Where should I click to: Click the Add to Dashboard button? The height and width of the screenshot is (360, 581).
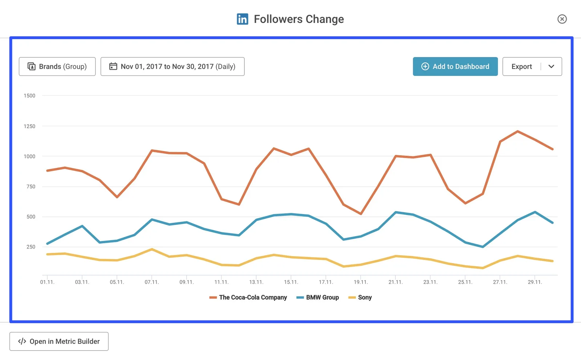click(x=455, y=66)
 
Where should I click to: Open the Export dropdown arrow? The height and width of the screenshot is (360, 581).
click(x=551, y=66)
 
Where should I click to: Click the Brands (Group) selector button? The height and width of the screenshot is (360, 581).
click(x=57, y=66)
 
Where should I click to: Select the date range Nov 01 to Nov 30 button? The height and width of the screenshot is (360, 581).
click(x=172, y=66)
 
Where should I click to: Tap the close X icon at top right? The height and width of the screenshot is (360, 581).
click(x=562, y=19)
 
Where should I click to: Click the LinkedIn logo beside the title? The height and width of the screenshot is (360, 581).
click(x=242, y=19)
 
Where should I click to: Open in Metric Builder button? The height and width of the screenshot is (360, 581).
click(x=59, y=341)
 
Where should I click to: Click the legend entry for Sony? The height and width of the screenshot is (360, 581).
click(x=364, y=298)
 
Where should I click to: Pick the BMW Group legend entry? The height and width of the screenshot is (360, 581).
click(x=322, y=298)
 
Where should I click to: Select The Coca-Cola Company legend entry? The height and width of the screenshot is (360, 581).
click(x=253, y=298)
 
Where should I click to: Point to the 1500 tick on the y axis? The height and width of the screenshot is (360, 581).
click(x=29, y=96)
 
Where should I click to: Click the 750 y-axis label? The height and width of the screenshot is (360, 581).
click(x=31, y=187)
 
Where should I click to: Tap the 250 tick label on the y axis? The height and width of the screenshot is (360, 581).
click(x=31, y=247)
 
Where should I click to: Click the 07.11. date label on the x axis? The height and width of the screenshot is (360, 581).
click(x=152, y=282)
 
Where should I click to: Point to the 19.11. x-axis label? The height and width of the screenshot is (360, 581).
click(x=361, y=282)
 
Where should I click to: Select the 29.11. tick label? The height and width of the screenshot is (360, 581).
click(x=535, y=282)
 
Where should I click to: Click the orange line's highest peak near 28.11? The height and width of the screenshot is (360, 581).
click(x=517, y=131)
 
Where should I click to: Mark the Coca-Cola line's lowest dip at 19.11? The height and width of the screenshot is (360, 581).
click(x=361, y=214)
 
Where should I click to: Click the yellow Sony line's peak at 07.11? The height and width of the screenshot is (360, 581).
click(x=152, y=249)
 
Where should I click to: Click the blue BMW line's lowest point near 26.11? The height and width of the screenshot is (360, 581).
click(x=483, y=247)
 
